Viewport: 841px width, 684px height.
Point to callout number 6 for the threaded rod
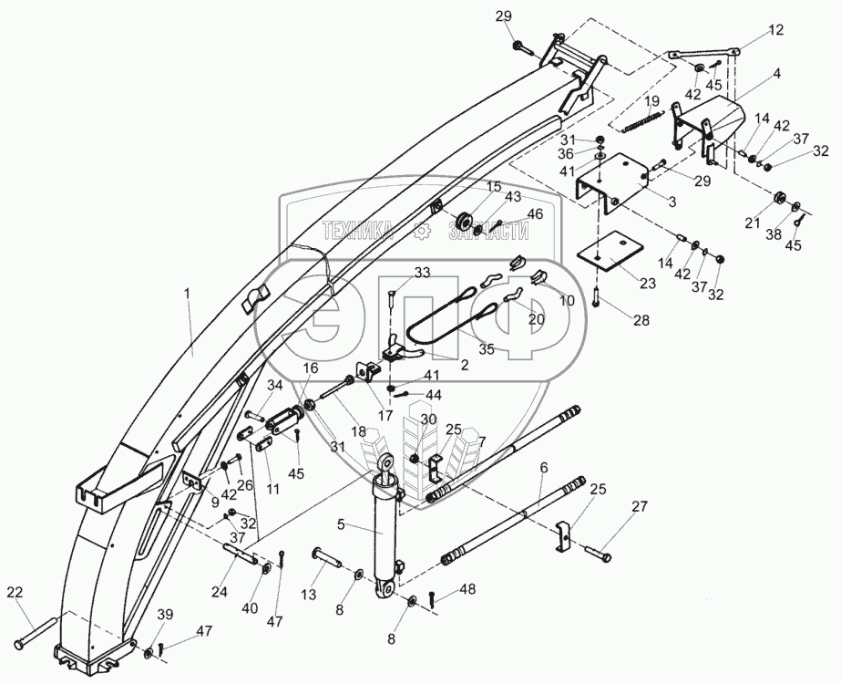544,467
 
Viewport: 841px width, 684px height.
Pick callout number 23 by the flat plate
647,283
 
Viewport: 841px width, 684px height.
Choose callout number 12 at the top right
775,29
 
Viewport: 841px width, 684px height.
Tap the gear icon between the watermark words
421,232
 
